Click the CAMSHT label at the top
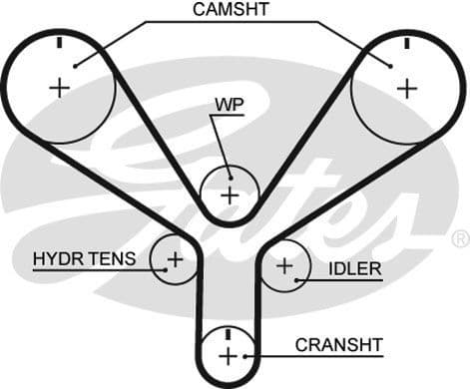(x=233, y=11)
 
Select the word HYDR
(x=57, y=259)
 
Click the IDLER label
(x=354, y=269)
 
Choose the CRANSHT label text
(x=339, y=345)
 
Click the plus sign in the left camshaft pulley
(x=60, y=87)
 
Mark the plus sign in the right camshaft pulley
(x=406, y=87)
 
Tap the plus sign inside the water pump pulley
(x=230, y=194)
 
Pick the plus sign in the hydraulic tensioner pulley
(x=175, y=260)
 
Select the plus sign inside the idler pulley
(x=284, y=266)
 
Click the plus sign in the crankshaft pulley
(x=229, y=356)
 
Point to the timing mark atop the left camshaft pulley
(x=60, y=43)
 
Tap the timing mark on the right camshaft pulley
(x=406, y=43)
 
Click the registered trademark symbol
(x=460, y=239)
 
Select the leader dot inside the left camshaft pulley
(x=75, y=66)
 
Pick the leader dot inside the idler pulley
(x=298, y=279)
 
